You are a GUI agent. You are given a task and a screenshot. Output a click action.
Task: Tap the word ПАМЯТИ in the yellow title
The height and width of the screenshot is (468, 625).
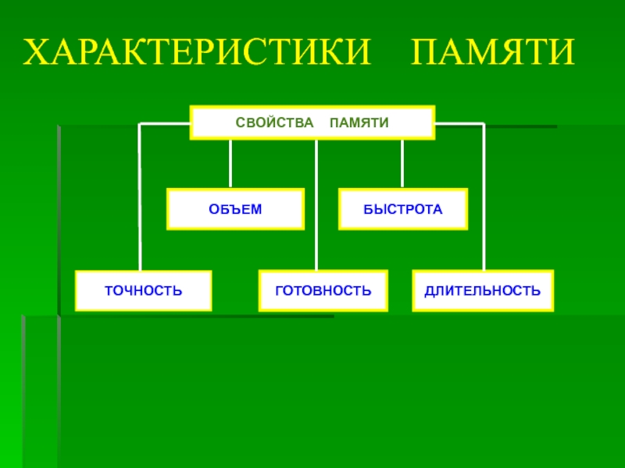pos(494,51)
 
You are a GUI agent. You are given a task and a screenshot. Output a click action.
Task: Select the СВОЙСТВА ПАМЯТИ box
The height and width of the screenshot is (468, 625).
pos(312,122)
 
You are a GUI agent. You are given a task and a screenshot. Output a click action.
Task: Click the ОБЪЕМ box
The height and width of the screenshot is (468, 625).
pos(235,208)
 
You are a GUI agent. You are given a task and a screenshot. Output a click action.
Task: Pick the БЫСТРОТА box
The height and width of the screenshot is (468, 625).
pos(402,208)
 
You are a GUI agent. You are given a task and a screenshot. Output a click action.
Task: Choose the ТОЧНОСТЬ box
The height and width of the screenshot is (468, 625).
pos(144,290)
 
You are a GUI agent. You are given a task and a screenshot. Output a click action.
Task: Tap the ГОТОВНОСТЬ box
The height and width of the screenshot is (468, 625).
pos(323,290)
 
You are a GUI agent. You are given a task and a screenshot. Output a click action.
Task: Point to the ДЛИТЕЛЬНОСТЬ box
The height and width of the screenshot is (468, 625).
pos(482,290)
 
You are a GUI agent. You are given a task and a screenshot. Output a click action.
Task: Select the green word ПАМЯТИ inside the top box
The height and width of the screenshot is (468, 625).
pos(359,123)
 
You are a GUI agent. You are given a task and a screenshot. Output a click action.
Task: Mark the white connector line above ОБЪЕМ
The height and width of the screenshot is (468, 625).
pos(230,164)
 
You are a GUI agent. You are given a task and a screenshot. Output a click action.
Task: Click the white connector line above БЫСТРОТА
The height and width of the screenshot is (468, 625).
pos(402,164)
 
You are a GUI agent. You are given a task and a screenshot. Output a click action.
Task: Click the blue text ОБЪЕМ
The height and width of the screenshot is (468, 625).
pos(235,209)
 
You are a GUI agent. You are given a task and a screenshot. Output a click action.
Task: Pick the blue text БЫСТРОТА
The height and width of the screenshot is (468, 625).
pos(402,209)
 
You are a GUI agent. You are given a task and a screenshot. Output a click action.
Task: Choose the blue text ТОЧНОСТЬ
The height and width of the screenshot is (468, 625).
pos(144,291)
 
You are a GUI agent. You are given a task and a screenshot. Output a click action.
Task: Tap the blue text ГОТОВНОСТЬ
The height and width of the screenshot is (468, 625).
pos(323,291)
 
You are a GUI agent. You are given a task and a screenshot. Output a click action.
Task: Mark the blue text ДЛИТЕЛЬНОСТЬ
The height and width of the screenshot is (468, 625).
pos(482,291)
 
